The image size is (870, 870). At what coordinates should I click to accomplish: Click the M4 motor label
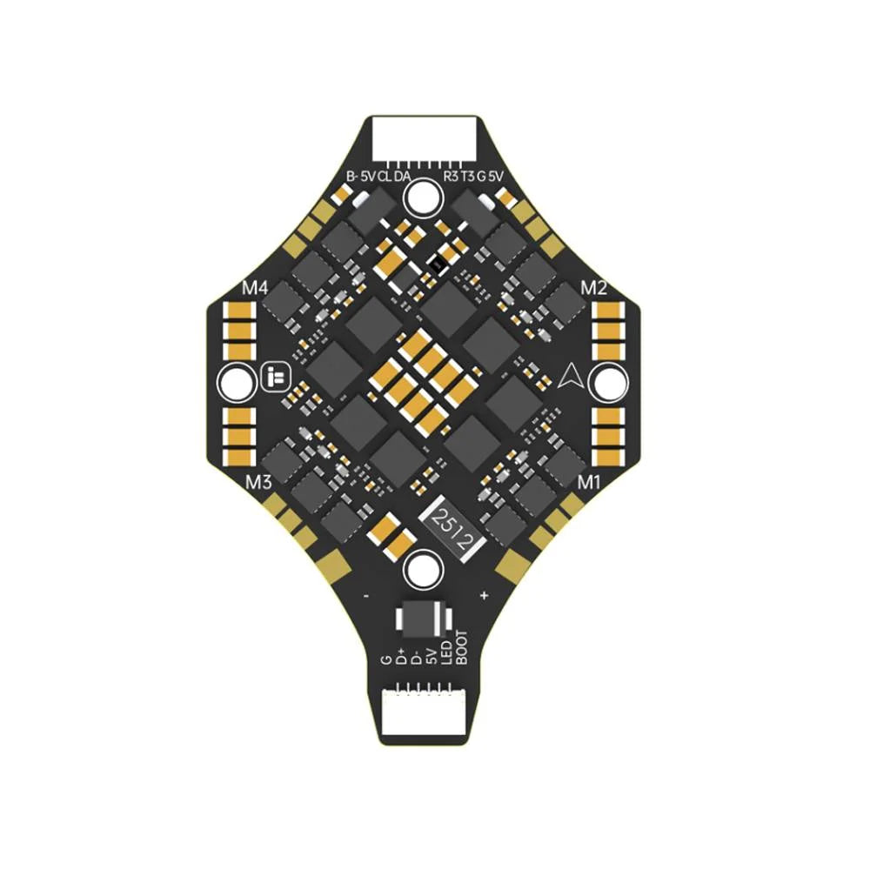point(255,287)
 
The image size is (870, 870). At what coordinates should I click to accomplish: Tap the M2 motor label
point(593,287)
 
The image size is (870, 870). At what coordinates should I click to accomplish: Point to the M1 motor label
point(591,481)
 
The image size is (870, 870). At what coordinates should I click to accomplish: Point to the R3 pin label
point(450,176)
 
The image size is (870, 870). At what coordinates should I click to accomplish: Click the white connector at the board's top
point(424,137)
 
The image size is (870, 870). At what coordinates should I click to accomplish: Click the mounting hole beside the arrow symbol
point(610,382)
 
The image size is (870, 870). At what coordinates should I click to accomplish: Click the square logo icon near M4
point(271,378)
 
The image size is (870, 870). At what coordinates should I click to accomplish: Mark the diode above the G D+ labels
point(423,619)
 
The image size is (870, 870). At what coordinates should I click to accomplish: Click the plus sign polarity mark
point(484,597)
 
